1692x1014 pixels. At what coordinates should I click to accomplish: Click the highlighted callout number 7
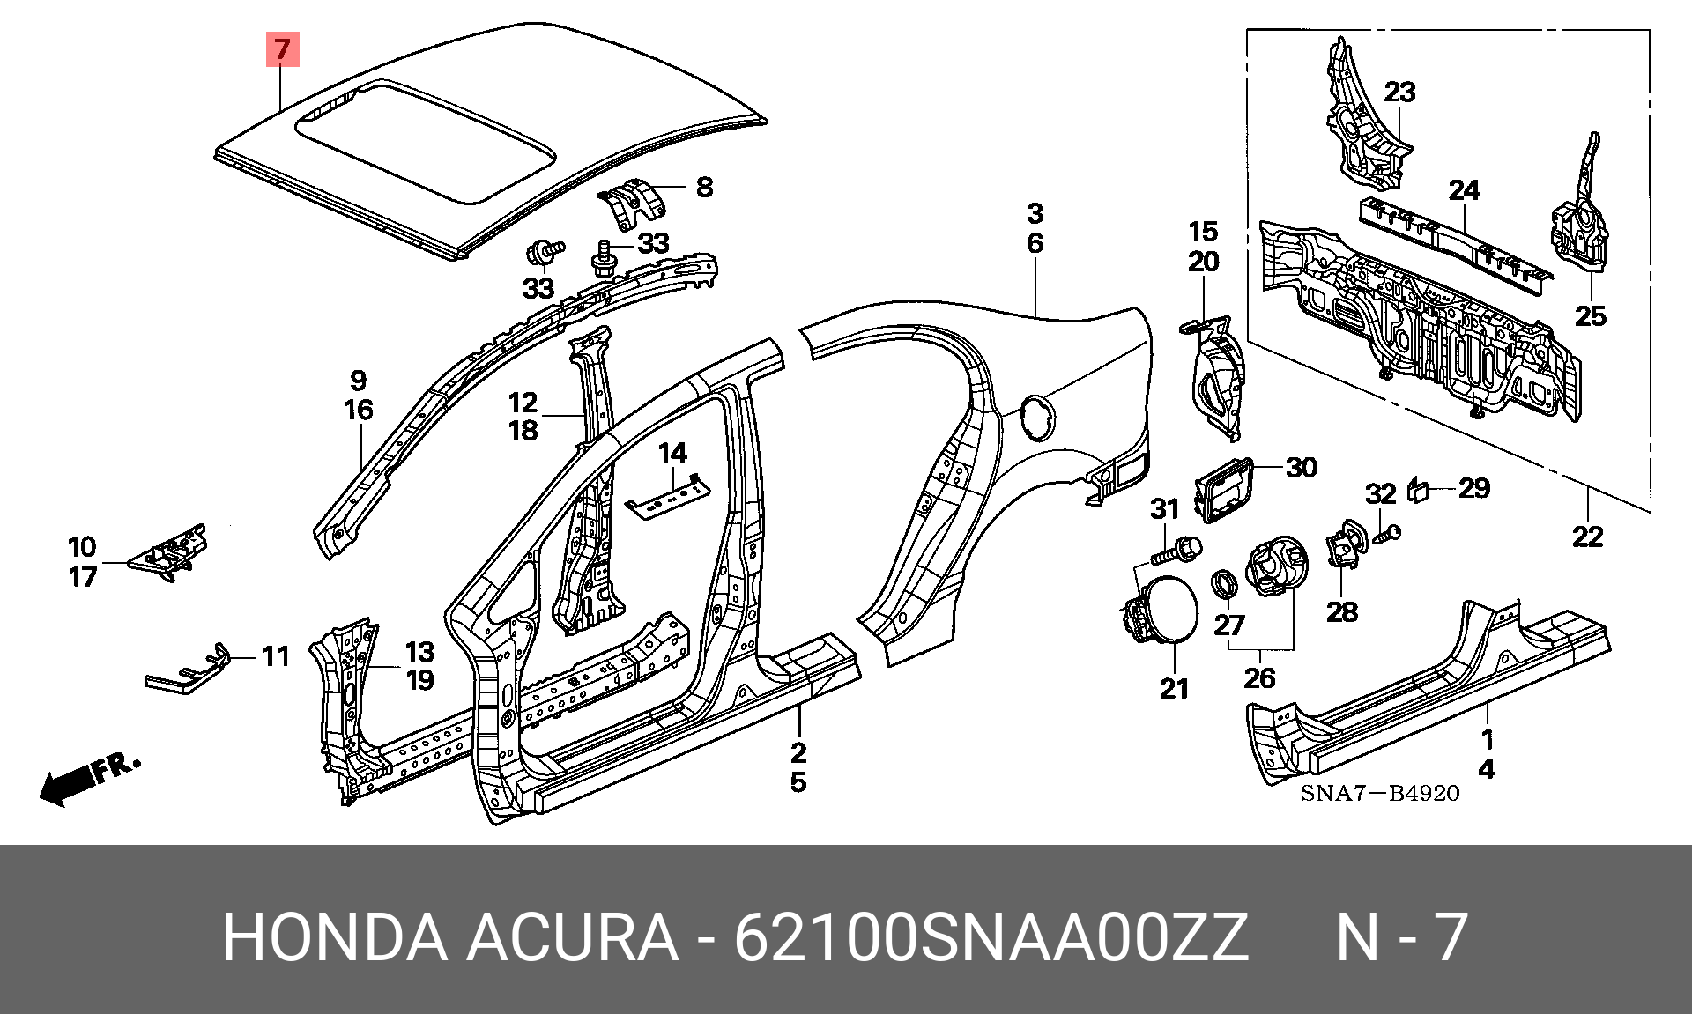click(282, 49)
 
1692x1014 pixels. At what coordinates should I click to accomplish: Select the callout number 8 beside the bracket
click(704, 187)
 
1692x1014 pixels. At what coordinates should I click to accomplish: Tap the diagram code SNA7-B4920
click(1379, 794)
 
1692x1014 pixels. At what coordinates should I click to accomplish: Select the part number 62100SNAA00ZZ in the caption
click(991, 938)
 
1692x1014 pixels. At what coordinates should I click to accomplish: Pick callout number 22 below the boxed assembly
click(1587, 537)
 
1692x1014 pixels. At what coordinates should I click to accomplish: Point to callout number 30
click(1301, 467)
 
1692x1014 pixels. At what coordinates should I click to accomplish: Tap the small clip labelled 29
click(1420, 489)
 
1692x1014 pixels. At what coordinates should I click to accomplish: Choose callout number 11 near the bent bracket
click(275, 656)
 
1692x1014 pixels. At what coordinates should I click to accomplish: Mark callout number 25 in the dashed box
click(1591, 315)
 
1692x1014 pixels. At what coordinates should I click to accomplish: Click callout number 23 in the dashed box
click(1399, 92)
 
